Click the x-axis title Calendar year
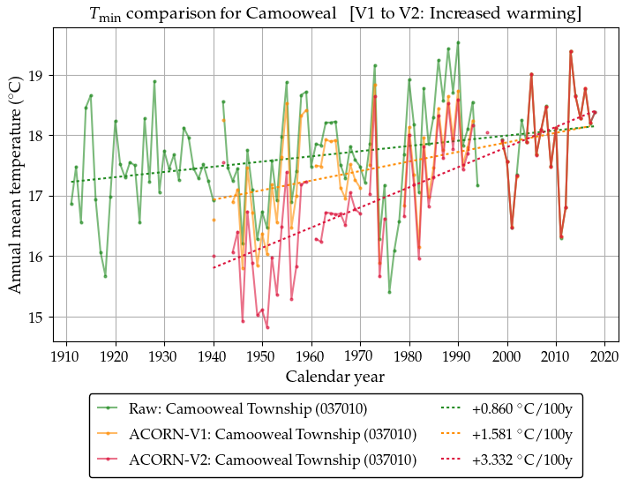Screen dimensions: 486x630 (x=335, y=377)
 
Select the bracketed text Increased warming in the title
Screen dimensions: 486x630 (x=506, y=14)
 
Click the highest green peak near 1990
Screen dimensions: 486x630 (x=458, y=42)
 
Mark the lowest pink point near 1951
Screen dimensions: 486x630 (x=267, y=327)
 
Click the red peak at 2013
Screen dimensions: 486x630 (x=571, y=51)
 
